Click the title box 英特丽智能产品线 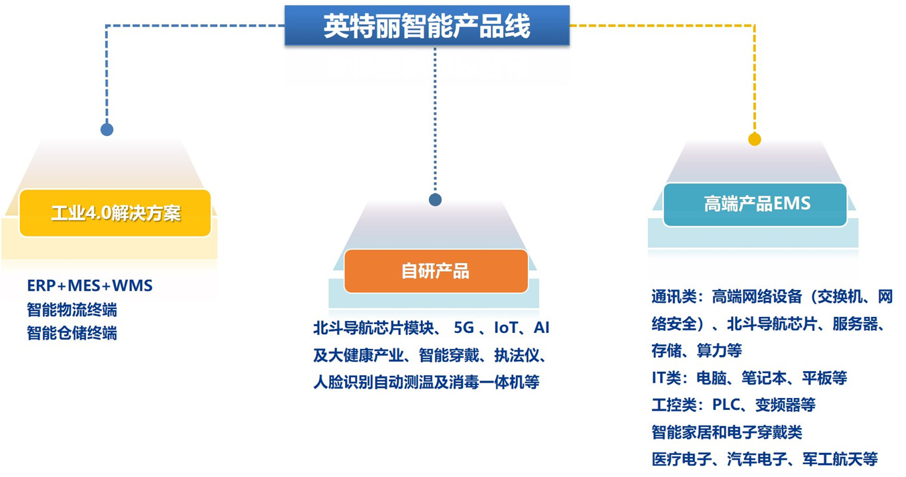coord(427,25)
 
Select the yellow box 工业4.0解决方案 coord(115,212)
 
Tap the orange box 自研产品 coord(436,271)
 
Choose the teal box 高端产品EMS coord(755,204)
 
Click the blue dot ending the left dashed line coord(107,130)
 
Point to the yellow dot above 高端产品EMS coord(755,139)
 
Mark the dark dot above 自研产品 coord(435,200)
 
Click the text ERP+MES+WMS coord(90,285)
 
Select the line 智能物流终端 coord(72,310)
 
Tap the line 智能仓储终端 coord(72,333)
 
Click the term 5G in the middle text coord(464,328)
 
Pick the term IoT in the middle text coord(505,328)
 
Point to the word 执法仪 coord(517,355)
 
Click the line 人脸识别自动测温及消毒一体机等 coord(426,382)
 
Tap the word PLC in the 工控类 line coord(726,404)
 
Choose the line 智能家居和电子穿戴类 coord(727,432)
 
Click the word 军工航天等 coord(840,459)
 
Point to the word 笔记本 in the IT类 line coord(764,378)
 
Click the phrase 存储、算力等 coord(697,350)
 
